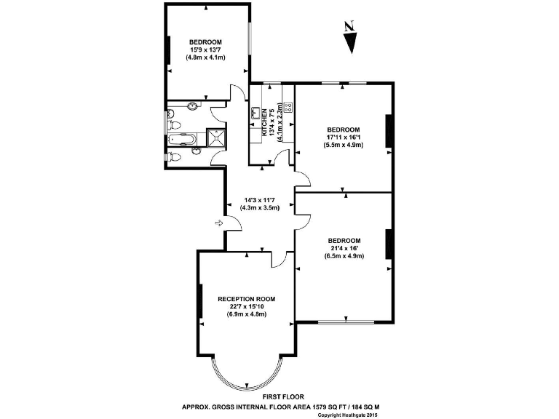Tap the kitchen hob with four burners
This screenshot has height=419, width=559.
(288, 106)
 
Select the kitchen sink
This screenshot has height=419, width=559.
(255, 113)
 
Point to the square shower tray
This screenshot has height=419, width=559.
(217, 137)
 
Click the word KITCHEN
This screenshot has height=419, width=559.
(255, 123)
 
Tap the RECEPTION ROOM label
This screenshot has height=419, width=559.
(247, 298)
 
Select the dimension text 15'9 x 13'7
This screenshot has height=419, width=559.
(205, 49)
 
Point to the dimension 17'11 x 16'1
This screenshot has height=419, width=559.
(344, 137)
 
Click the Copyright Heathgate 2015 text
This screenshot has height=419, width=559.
(350, 415)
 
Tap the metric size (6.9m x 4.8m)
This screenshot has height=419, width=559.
(247, 314)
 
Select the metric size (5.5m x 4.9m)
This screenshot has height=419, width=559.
(344, 145)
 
